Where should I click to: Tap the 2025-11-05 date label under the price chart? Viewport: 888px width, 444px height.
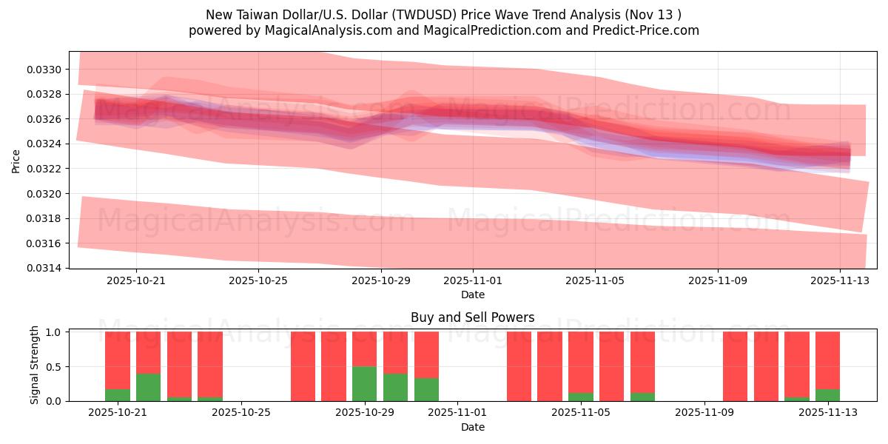click(x=595, y=280)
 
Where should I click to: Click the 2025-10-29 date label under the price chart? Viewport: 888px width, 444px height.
click(x=381, y=280)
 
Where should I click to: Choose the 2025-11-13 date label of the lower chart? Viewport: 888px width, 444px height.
click(x=827, y=413)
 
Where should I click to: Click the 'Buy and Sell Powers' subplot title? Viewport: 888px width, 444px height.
click(x=472, y=317)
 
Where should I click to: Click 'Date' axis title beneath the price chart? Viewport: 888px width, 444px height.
click(x=472, y=295)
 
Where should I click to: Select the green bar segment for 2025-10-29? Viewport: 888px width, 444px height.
click(x=364, y=383)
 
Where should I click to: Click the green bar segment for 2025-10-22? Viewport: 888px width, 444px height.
click(x=148, y=387)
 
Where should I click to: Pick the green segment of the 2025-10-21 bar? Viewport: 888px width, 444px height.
click(x=118, y=395)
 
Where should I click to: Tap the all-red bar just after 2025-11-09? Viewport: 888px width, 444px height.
click(x=735, y=366)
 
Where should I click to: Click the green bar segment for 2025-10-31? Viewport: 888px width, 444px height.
click(x=426, y=389)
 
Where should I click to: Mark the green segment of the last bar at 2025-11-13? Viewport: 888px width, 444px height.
click(x=827, y=395)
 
